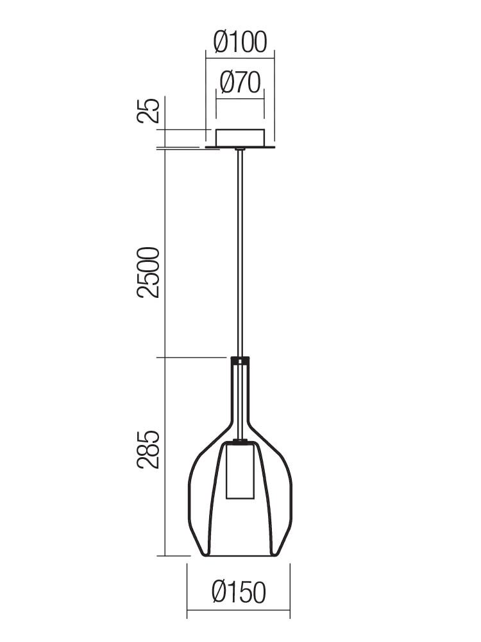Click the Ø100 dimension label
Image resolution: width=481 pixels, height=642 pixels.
tap(240, 42)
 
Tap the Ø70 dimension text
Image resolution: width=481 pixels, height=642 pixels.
tap(240, 82)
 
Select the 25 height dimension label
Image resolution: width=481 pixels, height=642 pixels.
tap(148, 110)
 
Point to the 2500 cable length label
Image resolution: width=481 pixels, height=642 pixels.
tap(148, 272)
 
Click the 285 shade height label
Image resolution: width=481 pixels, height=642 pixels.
tap(148, 449)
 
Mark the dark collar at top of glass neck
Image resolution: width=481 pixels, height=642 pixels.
tap(240, 361)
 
